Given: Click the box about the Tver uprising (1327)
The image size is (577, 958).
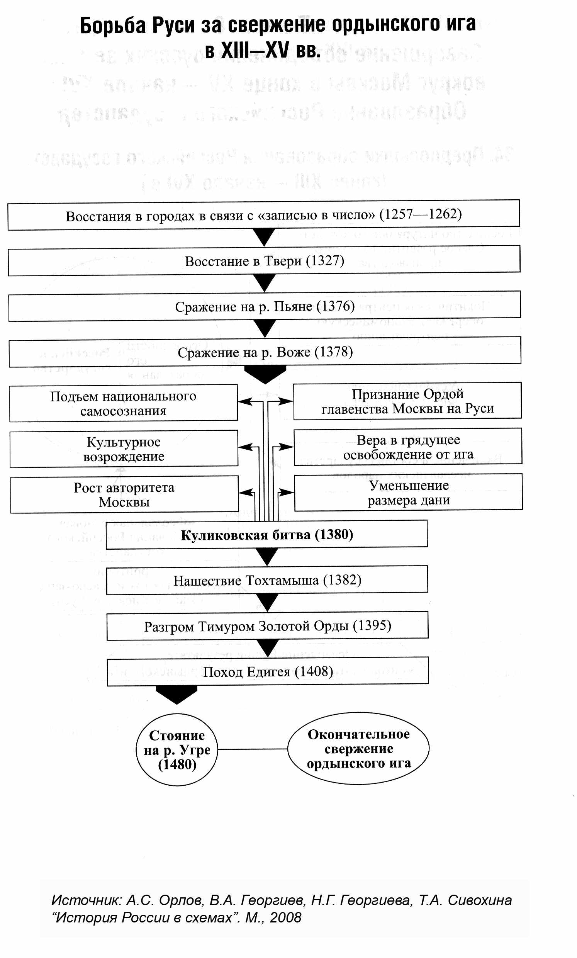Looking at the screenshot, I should click(265, 260).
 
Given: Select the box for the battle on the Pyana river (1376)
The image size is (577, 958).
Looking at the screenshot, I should click(265, 306).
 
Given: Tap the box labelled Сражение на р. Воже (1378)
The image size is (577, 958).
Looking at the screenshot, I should click(265, 352).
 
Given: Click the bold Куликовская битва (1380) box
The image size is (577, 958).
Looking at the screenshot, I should click(267, 535).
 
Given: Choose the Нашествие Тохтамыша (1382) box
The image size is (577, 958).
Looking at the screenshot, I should click(267, 581).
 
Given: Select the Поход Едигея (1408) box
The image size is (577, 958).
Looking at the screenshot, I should click(268, 672).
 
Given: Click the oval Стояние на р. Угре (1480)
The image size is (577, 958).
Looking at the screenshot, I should click(177, 750).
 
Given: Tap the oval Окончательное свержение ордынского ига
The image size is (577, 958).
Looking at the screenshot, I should click(358, 749).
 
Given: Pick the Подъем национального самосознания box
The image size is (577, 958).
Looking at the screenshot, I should click(123, 403).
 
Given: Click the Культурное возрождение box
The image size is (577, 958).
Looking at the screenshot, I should click(124, 448).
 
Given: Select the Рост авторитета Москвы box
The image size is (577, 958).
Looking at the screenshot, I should click(124, 494).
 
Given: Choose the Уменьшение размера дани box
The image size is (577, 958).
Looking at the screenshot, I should click(408, 493).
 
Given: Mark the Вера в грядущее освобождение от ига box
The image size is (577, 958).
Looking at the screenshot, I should click(408, 447).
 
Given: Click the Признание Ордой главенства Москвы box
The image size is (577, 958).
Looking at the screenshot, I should click(407, 401).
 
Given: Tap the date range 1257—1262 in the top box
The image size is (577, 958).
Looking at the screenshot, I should click(421, 214).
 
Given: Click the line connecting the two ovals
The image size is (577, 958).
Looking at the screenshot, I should click(252, 749).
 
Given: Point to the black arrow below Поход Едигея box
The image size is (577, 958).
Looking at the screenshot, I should click(176, 695).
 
